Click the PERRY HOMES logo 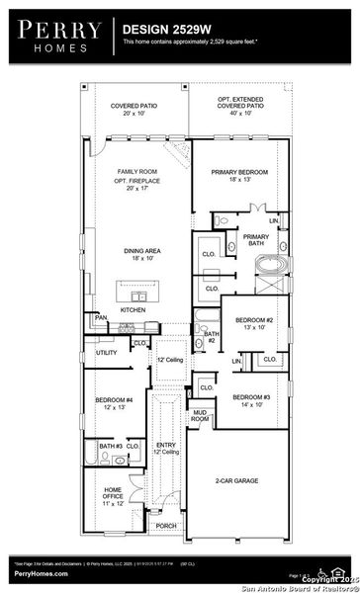[x=55, y=38]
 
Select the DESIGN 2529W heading [x=165, y=31]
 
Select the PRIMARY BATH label [x=256, y=241]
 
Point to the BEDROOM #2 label [x=254, y=324]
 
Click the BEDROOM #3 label [x=251, y=400]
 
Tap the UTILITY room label [x=107, y=352]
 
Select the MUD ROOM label [x=201, y=416]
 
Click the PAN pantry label [x=102, y=316]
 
